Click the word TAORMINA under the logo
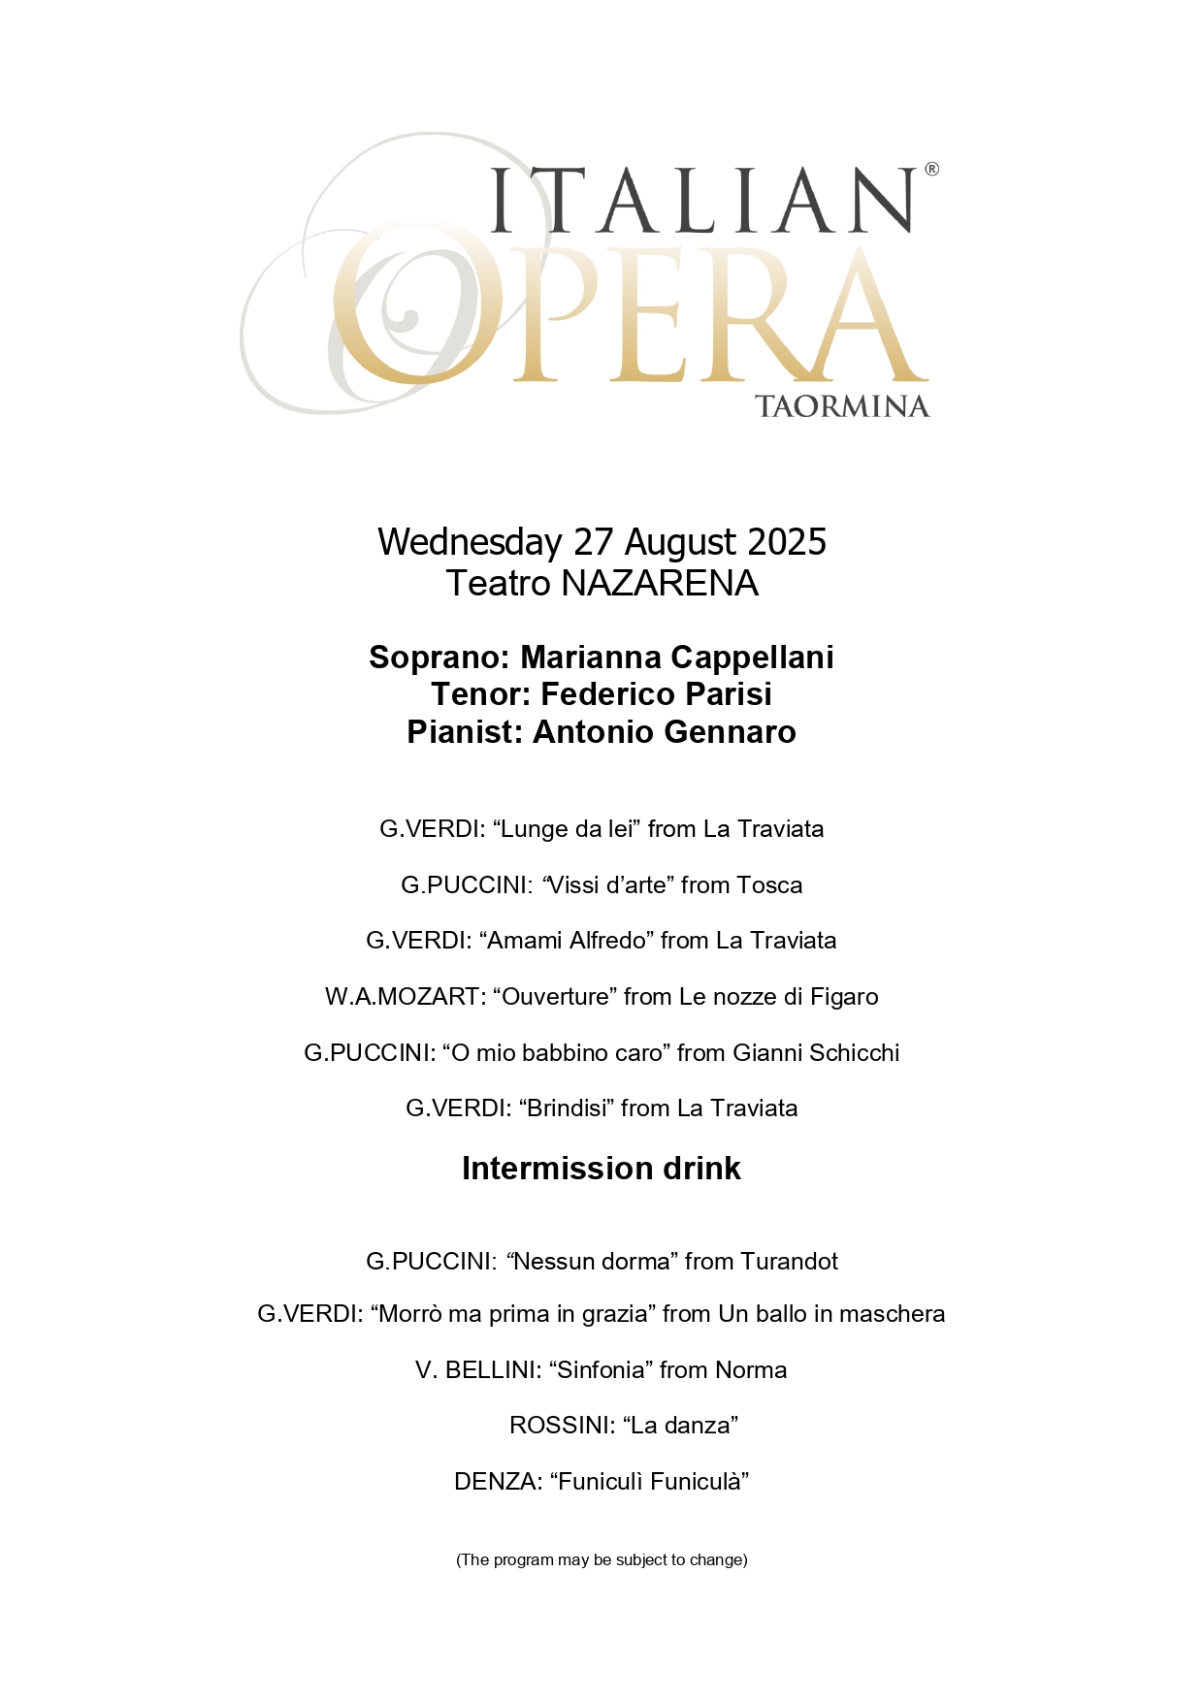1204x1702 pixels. point(841,406)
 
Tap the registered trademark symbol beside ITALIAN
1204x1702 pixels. point(931,170)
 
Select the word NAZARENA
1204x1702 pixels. point(660,584)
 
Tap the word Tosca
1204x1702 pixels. point(769,885)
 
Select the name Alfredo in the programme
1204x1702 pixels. point(608,941)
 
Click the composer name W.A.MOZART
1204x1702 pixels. point(403,997)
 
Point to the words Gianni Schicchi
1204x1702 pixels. point(816,1053)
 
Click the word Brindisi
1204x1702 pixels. point(567,1108)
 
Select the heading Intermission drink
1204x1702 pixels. point(602,1169)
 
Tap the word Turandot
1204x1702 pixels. point(789,1262)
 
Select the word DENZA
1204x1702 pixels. point(496,1482)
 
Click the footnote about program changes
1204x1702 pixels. point(602,1560)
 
